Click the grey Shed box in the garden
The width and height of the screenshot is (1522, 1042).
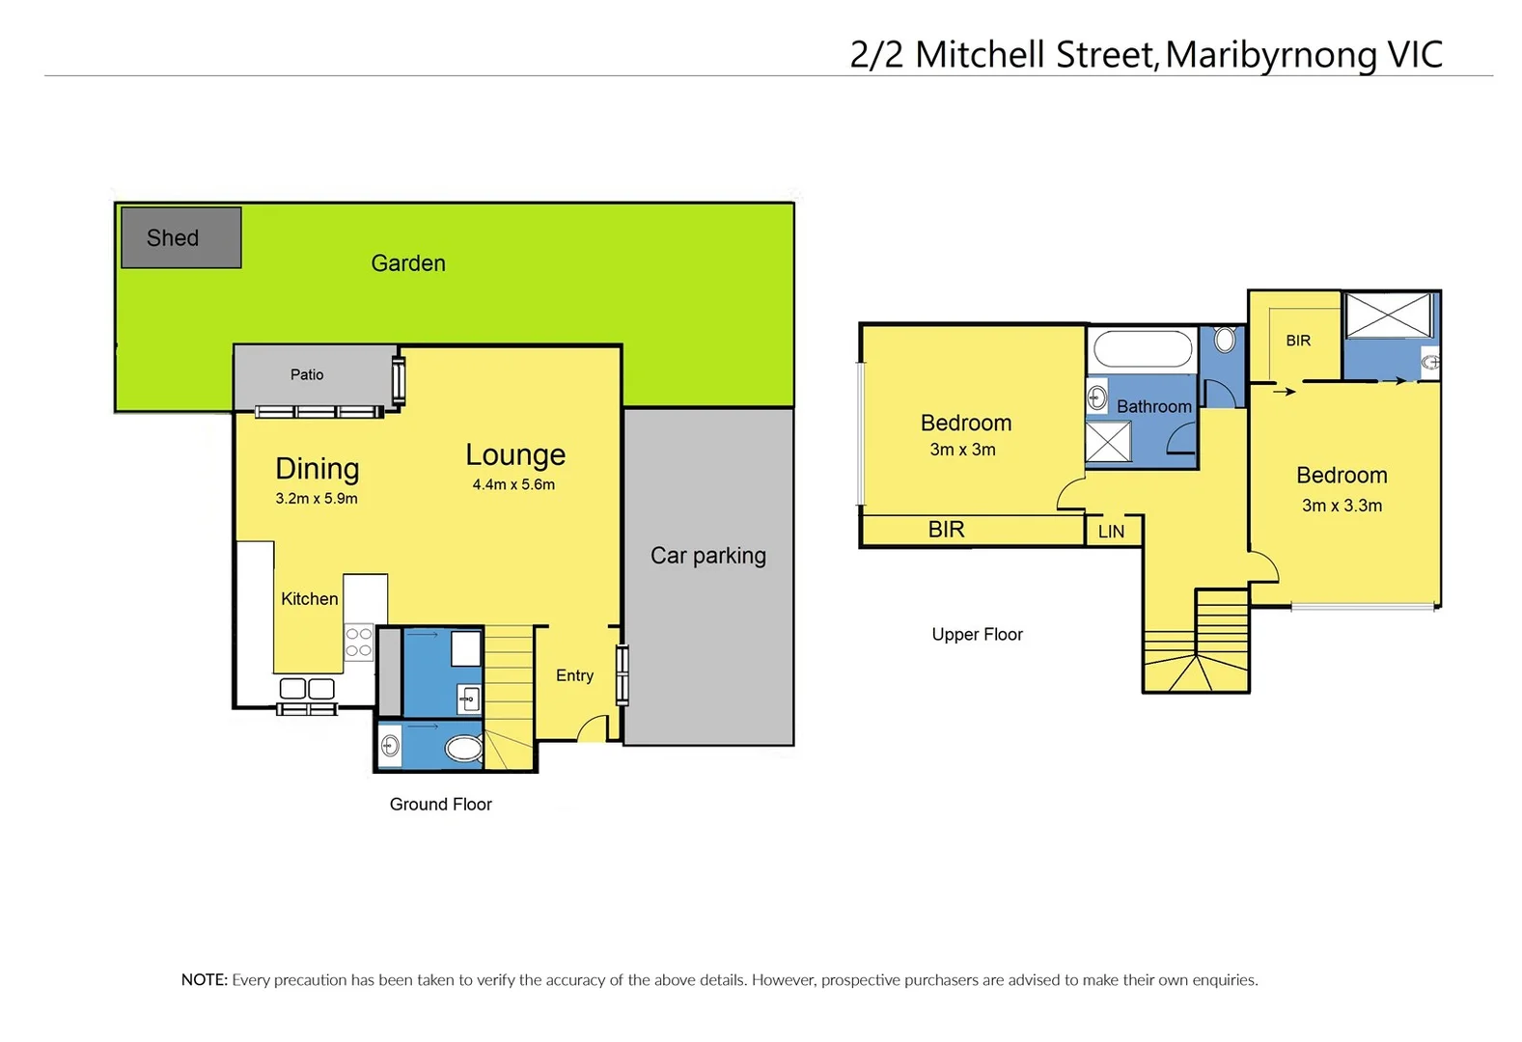(x=180, y=237)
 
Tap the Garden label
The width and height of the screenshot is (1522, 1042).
(x=408, y=263)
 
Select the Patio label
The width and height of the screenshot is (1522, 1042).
(x=307, y=374)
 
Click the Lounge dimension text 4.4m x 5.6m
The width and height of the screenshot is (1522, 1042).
(x=513, y=484)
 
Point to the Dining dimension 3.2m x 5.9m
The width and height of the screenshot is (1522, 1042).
(x=317, y=499)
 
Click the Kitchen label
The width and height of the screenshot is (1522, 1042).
(x=309, y=599)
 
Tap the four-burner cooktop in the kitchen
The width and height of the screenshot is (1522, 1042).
(x=358, y=643)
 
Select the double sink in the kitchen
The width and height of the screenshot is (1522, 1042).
(x=307, y=689)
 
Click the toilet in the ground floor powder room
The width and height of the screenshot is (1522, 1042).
(x=464, y=749)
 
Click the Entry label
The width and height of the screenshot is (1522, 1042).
(x=574, y=675)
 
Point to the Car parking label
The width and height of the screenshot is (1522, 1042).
(x=707, y=556)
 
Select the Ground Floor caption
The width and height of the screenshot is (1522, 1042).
(x=440, y=805)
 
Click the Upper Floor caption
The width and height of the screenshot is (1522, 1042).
(x=977, y=634)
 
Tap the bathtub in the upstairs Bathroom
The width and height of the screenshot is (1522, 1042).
(x=1144, y=349)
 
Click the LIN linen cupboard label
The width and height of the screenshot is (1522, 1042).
(x=1111, y=532)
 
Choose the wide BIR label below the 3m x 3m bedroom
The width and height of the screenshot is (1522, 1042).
(x=946, y=530)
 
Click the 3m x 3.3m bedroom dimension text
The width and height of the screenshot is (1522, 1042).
(x=1342, y=506)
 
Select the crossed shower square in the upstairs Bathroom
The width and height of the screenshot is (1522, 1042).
(x=1108, y=442)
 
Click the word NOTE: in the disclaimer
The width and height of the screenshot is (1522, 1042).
(x=205, y=980)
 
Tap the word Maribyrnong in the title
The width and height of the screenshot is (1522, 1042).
(x=1272, y=55)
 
